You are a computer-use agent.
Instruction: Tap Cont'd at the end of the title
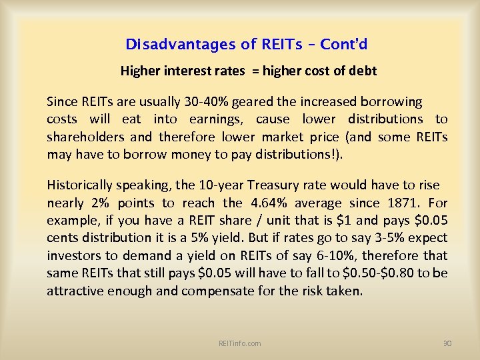click(x=343, y=45)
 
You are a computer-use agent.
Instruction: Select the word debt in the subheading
click(x=363, y=71)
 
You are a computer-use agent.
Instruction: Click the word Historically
click(x=81, y=185)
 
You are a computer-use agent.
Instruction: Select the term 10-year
click(x=207, y=185)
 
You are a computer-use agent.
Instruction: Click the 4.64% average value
click(x=270, y=203)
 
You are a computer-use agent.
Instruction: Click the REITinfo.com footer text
click(x=239, y=343)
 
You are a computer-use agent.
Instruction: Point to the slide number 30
click(x=447, y=343)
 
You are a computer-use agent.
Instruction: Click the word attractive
click(x=73, y=291)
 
